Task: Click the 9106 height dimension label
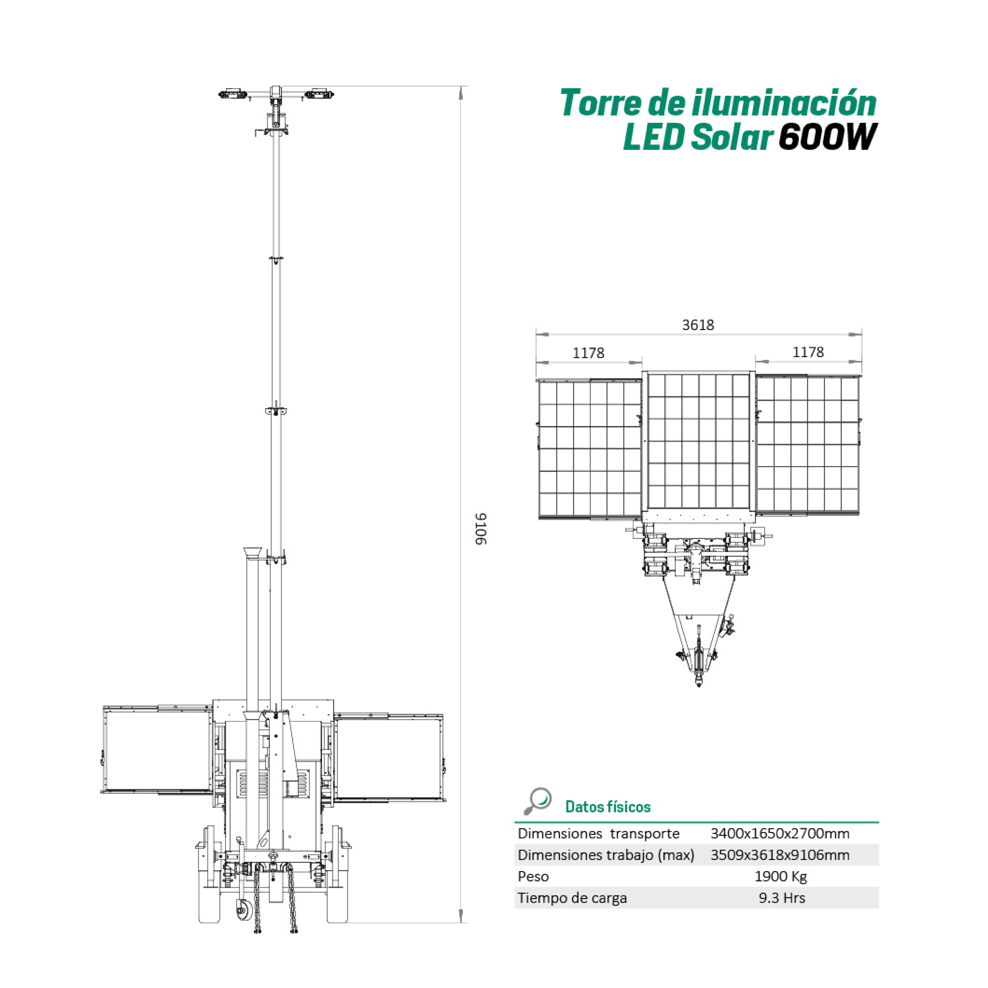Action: tap(481, 529)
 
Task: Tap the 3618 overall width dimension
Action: tap(698, 325)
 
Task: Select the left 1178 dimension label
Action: tap(588, 353)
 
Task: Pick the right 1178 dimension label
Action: tap(808, 352)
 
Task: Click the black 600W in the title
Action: tap(828, 137)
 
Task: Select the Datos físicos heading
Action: tap(608, 807)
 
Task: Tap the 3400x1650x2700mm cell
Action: tap(780, 833)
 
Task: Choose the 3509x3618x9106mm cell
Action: tap(780, 854)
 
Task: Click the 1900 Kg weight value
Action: tap(781, 876)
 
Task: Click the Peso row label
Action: tap(533, 876)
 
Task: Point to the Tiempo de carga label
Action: tap(572, 898)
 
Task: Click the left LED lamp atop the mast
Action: tap(233, 95)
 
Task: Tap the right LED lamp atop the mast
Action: tap(319, 95)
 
